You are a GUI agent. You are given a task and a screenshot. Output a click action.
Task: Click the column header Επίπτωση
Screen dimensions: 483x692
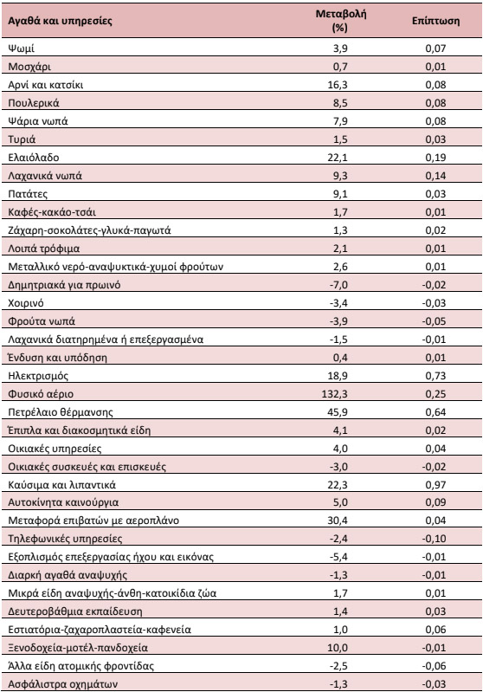(435, 21)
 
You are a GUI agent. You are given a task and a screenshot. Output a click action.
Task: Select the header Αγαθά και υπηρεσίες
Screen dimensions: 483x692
(60, 21)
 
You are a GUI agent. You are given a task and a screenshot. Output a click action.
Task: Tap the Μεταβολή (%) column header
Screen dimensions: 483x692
(340, 21)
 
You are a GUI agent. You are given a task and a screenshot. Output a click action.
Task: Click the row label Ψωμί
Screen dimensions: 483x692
(21, 49)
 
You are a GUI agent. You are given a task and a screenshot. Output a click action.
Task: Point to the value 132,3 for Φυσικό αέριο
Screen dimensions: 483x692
(334, 394)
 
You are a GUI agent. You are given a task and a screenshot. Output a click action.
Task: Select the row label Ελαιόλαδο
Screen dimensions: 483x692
(34, 158)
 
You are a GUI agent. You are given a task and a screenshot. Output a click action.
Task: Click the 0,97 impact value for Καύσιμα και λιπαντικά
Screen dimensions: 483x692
(435, 485)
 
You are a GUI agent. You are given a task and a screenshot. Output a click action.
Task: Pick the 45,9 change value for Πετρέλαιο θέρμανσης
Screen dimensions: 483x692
(338, 411)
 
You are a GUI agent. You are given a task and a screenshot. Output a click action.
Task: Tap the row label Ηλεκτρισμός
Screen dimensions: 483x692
(38, 376)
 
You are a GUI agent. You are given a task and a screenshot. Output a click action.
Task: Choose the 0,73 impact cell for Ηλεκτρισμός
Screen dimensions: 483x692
(435, 376)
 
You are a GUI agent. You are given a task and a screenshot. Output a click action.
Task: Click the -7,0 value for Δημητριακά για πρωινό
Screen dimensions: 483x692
(338, 285)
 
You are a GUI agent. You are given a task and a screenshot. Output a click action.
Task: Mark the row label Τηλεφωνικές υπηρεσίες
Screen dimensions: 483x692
(65, 539)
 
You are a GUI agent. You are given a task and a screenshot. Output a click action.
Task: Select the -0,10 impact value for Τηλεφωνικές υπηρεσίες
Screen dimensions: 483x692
(434, 539)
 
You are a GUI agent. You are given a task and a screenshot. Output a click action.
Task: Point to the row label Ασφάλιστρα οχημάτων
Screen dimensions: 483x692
(63, 684)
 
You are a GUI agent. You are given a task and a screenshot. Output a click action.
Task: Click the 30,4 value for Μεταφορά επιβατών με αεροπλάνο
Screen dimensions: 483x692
(338, 521)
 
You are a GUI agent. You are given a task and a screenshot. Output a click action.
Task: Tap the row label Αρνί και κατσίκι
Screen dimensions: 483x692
(45, 85)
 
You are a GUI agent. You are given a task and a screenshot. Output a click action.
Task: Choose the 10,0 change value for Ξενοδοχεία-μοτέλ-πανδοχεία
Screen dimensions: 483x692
(338, 648)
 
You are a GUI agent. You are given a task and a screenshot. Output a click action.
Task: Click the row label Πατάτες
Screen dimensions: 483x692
(28, 194)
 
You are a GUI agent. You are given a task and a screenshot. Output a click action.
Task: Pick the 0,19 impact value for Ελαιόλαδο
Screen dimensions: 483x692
(435, 158)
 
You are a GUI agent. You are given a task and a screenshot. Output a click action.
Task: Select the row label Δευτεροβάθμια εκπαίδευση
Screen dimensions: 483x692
(75, 611)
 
